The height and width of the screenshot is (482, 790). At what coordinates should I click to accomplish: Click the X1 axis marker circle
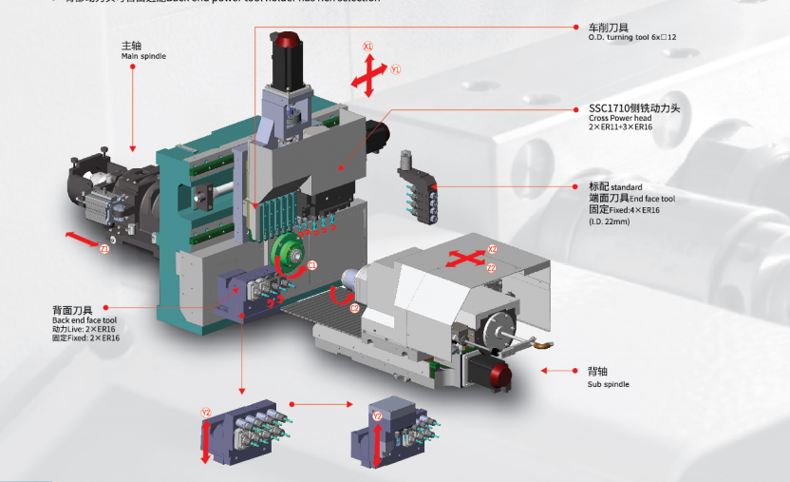pos(368,46)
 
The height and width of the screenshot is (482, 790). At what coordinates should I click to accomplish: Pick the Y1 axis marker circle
pos(396,69)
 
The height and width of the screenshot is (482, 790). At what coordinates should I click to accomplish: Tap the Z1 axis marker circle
pos(105,249)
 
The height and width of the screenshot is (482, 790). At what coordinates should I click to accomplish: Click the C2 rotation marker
pos(354,308)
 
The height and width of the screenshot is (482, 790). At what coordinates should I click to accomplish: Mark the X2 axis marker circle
pos(492,249)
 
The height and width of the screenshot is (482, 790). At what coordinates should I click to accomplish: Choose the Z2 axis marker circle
pos(491,269)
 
